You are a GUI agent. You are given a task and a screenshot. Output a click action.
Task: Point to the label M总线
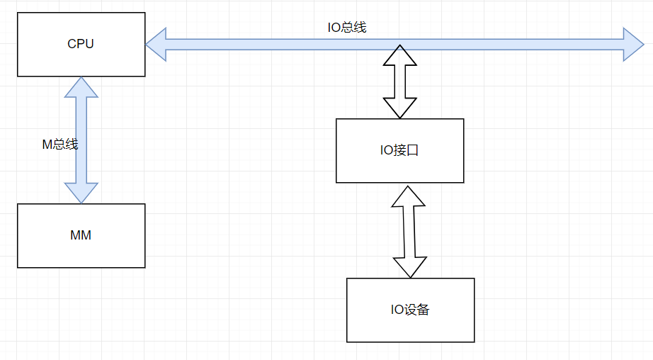pos(59,145)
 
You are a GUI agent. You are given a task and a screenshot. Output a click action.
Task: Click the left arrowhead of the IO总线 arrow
pos(157,44)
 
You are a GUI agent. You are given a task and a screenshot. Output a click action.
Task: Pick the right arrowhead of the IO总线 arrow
pos(632,44)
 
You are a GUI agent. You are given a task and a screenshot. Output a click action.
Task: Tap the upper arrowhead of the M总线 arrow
pos(81,87)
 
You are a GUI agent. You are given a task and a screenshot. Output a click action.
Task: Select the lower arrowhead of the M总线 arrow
pos(81,193)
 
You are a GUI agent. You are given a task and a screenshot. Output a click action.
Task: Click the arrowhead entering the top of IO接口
pos(399,107)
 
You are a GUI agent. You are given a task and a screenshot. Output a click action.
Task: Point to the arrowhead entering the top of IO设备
pos(410,267)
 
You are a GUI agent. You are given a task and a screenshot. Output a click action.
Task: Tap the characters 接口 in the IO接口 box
pos(407,150)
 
